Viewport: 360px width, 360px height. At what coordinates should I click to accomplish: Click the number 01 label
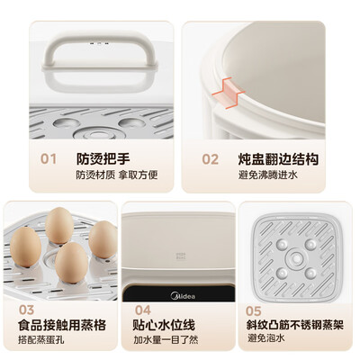pos(48,158)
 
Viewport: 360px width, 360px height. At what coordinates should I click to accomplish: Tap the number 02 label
pos(210,158)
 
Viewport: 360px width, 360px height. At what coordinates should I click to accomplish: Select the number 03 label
pos(28,310)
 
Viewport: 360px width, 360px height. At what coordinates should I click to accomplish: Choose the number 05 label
pos(255,310)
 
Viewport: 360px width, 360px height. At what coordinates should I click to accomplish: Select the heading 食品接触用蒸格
pos(63,325)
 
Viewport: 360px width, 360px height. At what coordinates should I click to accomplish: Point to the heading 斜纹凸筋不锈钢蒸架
pos(296,325)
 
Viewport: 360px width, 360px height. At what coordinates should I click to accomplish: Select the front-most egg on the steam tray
pos(72,262)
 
